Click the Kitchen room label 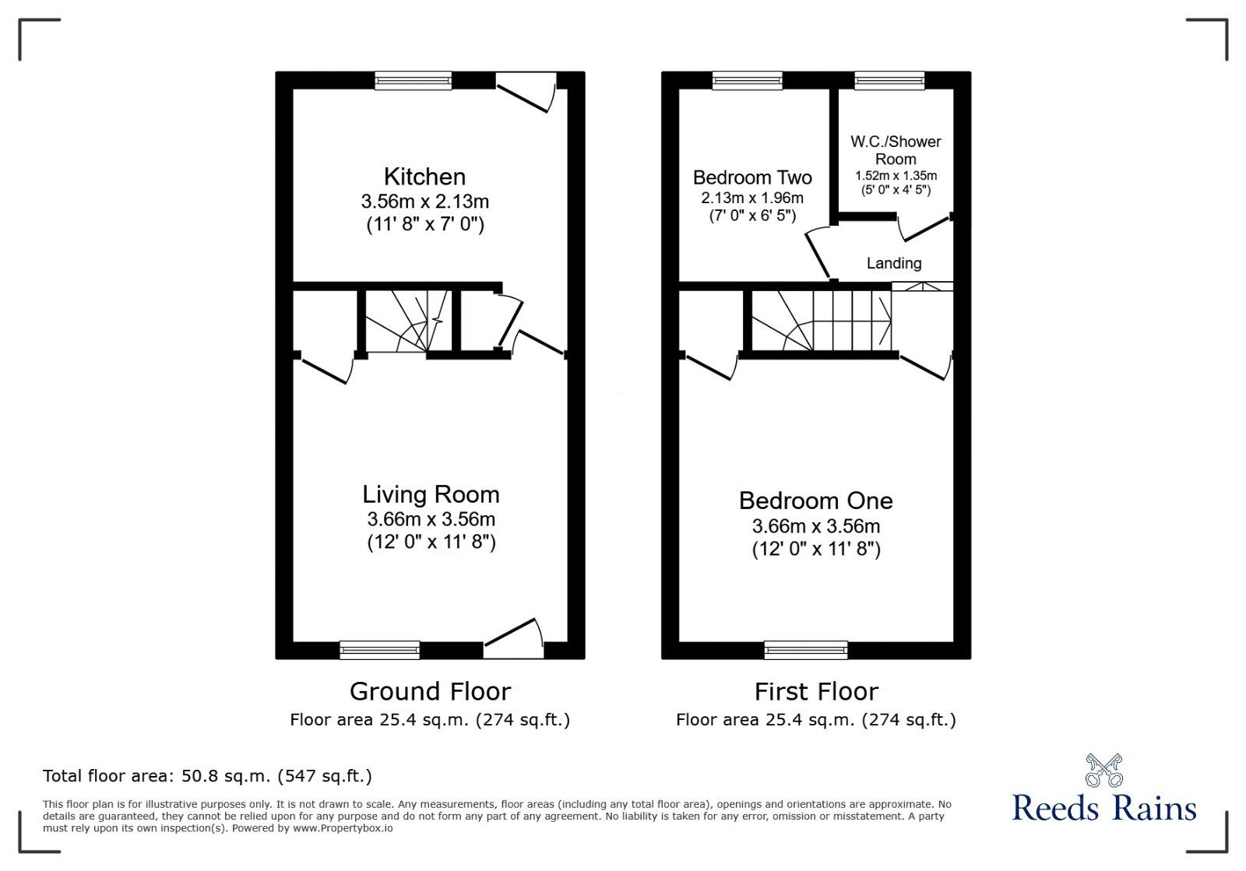(x=424, y=177)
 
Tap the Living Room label (x=431, y=494)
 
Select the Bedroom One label (x=815, y=500)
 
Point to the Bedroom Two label (x=752, y=177)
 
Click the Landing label (x=894, y=263)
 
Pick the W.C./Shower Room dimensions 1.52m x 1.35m (x=896, y=176)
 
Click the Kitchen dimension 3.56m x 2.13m (x=425, y=201)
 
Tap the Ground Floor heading (x=430, y=692)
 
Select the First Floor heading (x=816, y=692)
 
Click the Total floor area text (x=207, y=775)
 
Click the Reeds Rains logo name (x=1104, y=808)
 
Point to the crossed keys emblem (x=1104, y=771)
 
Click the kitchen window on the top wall (x=414, y=81)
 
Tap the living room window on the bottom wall (x=380, y=650)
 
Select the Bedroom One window (x=806, y=650)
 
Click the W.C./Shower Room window (x=889, y=81)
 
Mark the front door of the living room (x=514, y=639)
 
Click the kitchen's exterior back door (x=526, y=93)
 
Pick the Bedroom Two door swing (x=818, y=254)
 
